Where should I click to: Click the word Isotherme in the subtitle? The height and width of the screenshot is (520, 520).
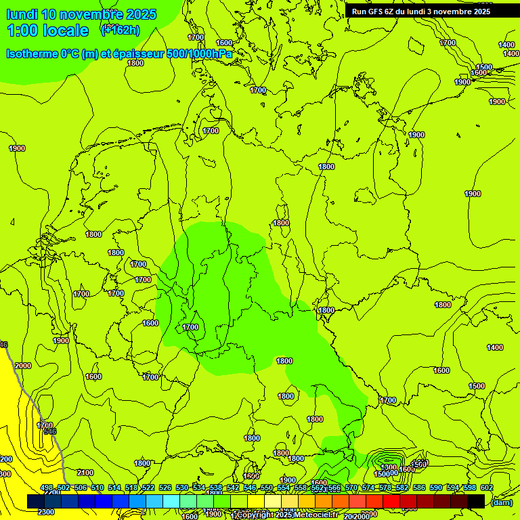[32, 54]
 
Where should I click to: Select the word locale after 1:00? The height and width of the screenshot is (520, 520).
[65, 30]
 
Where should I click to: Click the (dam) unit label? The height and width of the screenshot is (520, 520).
[501, 502]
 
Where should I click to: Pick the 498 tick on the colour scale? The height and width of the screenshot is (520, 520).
[47, 487]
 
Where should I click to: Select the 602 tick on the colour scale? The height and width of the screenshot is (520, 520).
[487, 487]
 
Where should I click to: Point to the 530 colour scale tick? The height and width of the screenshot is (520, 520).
[182, 487]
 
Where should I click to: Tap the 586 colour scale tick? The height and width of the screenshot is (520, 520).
[419, 487]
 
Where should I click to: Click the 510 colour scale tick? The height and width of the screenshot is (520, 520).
[97, 487]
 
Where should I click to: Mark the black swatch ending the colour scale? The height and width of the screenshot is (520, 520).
[476, 501]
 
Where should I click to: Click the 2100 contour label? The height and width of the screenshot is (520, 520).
[85, 473]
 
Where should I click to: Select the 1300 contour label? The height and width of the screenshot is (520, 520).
[388, 467]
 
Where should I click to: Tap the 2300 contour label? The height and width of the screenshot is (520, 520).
[46, 512]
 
